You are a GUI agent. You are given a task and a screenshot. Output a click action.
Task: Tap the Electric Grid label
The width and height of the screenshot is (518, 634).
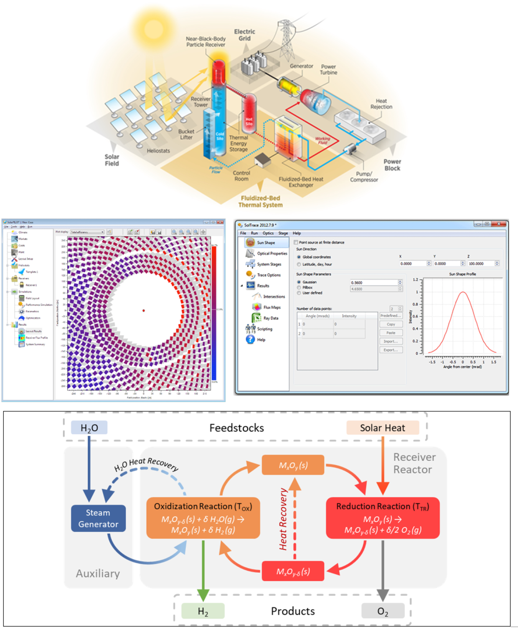click(x=244, y=35)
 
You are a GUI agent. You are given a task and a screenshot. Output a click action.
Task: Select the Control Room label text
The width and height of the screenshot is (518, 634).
click(x=241, y=176)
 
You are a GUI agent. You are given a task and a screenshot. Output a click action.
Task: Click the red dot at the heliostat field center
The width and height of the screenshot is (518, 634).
click(x=144, y=310)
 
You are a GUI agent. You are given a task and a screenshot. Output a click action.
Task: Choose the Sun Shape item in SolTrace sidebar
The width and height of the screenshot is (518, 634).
click(x=266, y=243)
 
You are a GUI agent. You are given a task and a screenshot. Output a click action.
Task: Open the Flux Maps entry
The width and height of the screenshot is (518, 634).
click(x=272, y=307)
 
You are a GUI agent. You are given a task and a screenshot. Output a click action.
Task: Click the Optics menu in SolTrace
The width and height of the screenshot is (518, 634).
click(x=268, y=233)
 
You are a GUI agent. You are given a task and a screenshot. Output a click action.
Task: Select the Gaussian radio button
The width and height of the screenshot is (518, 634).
click(x=299, y=282)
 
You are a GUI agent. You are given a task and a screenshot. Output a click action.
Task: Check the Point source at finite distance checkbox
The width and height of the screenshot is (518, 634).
click(x=296, y=242)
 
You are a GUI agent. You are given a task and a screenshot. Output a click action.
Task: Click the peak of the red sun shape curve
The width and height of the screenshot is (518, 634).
click(x=463, y=292)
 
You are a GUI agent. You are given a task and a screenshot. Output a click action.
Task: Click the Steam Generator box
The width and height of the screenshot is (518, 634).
click(x=98, y=518)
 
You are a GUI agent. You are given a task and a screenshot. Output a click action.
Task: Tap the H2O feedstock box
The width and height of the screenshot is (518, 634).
click(x=89, y=428)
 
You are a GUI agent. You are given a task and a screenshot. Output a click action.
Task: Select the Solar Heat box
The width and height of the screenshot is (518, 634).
click(x=382, y=428)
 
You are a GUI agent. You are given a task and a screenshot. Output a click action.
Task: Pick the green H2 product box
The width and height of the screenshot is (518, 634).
click(x=203, y=611)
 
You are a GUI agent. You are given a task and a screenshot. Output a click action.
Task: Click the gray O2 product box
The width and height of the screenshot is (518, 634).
click(x=383, y=611)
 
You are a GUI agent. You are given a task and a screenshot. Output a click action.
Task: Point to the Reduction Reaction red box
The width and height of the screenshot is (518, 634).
click(x=383, y=518)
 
